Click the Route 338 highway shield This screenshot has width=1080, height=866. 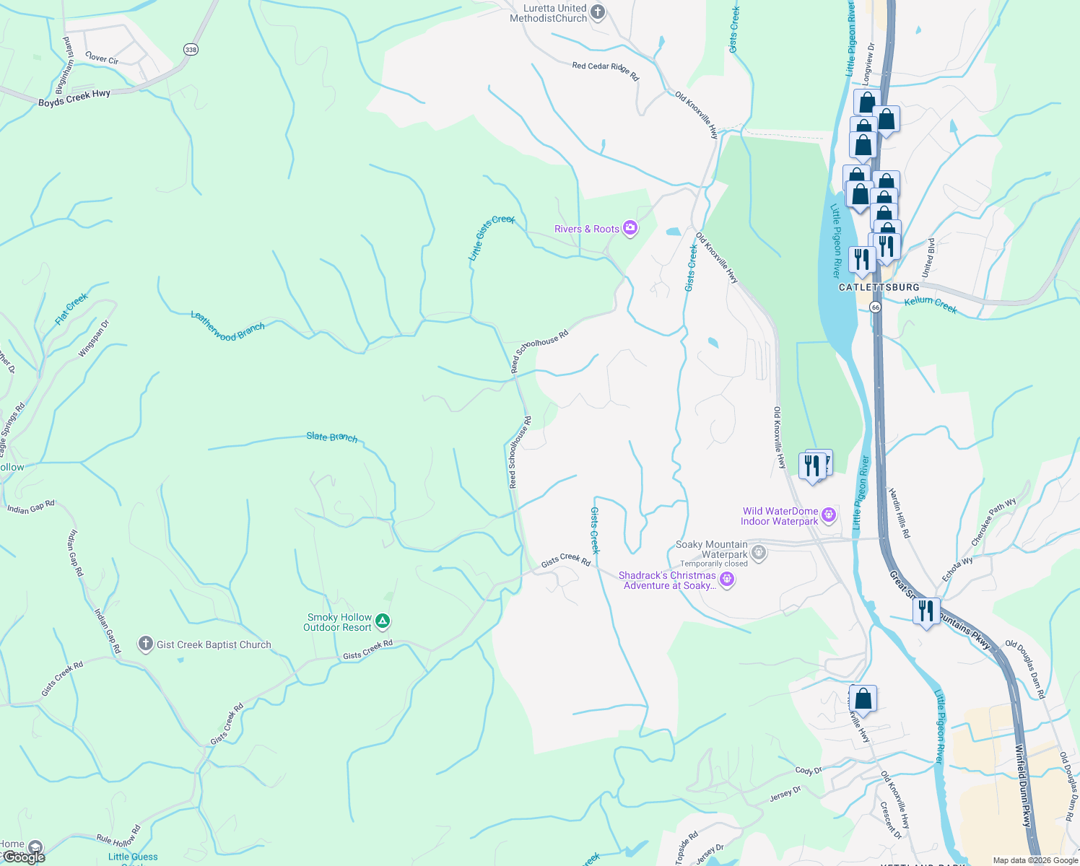click(190, 50)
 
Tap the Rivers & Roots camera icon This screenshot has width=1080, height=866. click(630, 229)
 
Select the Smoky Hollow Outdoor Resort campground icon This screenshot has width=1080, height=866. click(383, 621)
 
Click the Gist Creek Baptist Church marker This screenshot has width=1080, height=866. click(145, 644)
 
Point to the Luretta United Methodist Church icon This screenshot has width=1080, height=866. click(597, 12)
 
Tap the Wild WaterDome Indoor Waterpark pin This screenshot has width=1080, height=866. click(829, 515)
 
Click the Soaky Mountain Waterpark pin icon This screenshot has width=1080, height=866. click(758, 554)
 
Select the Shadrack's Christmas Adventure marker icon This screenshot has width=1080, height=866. click(727, 579)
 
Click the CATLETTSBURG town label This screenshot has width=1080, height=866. click(879, 287)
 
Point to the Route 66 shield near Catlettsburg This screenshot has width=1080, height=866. click(875, 307)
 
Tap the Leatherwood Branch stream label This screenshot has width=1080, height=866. click(227, 326)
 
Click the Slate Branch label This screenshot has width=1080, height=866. click(331, 437)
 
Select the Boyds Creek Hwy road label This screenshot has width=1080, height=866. click(74, 98)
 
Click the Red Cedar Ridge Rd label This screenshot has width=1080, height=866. click(606, 70)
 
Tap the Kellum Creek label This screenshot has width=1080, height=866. click(931, 305)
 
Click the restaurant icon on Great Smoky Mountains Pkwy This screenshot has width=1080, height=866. click(926, 611)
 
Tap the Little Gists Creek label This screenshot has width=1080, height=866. click(491, 237)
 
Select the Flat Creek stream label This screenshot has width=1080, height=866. click(71, 309)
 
